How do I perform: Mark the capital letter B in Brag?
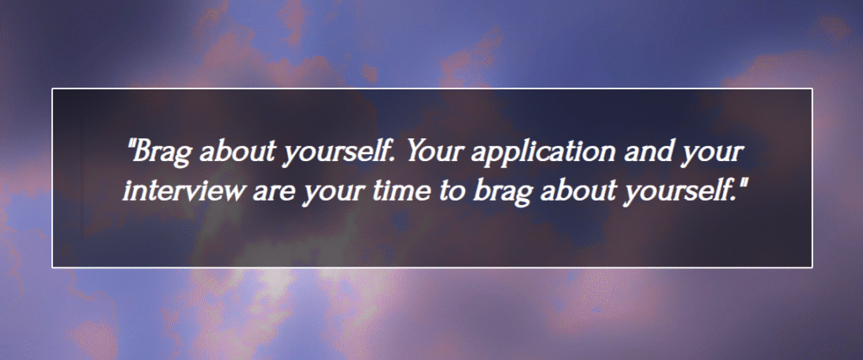point(142,152)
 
